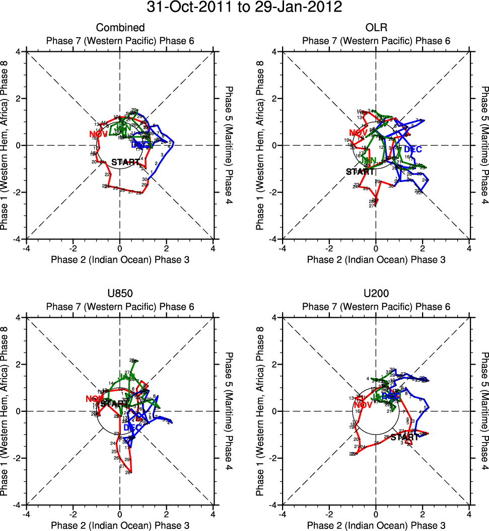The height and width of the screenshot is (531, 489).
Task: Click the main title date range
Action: point(244,8)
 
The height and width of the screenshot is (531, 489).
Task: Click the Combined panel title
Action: point(120,28)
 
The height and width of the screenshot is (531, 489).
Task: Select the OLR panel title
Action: point(376,28)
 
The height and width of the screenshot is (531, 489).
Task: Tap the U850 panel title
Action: point(120,294)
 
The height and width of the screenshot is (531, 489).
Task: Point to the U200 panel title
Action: point(376,294)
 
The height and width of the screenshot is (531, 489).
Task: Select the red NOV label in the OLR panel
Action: point(359,133)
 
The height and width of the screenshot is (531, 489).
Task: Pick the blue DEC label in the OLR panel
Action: point(413,149)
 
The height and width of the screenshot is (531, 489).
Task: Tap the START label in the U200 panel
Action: point(404,437)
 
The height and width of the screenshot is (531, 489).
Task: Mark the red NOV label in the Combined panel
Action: point(99,134)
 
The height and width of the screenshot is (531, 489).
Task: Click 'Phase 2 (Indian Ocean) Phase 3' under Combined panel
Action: point(120,259)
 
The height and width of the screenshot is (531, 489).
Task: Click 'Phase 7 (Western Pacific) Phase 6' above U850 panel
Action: point(120,307)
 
